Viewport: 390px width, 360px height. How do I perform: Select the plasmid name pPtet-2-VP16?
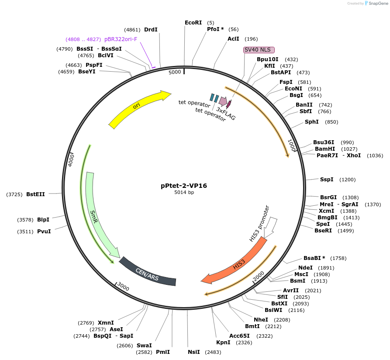click(x=184, y=185)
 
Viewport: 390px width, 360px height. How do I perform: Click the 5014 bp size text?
click(x=184, y=192)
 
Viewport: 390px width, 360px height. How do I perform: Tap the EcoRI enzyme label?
click(x=193, y=22)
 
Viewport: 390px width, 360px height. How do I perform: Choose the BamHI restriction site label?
click(x=324, y=149)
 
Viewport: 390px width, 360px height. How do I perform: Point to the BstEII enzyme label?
click(x=35, y=194)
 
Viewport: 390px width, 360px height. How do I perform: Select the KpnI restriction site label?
click(x=223, y=343)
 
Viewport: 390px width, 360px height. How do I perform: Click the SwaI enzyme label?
click(x=144, y=345)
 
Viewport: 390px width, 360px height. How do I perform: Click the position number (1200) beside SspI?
click(x=347, y=180)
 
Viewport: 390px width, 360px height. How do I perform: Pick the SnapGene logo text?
click(x=379, y=3)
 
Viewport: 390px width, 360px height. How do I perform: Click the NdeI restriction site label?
click(x=305, y=267)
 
